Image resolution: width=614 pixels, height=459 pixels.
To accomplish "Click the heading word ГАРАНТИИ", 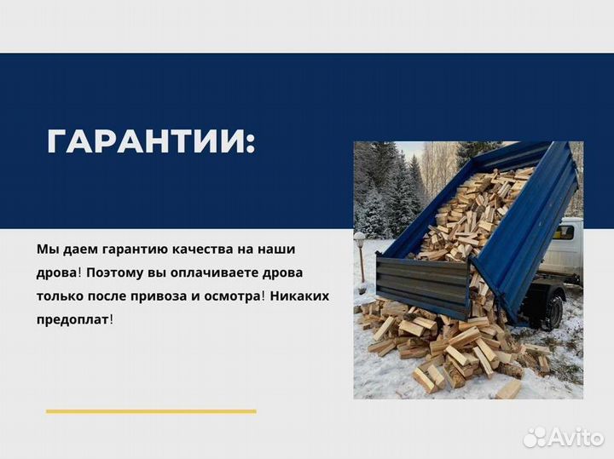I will [148, 141].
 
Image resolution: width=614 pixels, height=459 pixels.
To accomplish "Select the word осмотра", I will [239, 296].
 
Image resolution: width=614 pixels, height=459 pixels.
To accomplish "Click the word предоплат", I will [72, 320].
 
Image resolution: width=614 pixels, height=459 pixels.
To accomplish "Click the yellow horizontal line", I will [151, 411].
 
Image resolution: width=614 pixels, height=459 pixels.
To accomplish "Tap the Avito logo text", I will [572, 437].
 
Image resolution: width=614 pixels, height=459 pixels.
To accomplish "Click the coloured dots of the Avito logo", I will [535, 437].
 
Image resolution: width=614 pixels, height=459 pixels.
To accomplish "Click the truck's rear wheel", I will [550, 310].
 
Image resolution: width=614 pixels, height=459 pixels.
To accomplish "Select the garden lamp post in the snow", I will [360, 260].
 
